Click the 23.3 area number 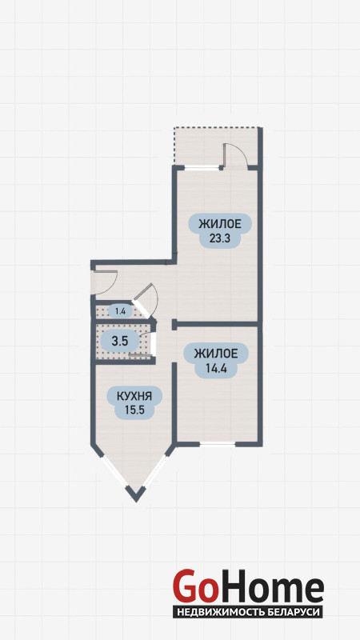click(x=220, y=238)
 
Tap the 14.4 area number click(x=216, y=369)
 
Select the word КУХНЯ click(x=134, y=396)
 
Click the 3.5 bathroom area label click(x=120, y=342)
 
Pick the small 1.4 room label click(x=120, y=312)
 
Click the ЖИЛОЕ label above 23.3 click(x=220, y=224)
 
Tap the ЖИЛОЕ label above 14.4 click(x=216, y=354)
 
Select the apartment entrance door click(x=106, y=282)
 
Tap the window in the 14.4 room click(x=217, y=444)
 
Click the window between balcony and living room click(x=202, y=167)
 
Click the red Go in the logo click(x=194, y=586)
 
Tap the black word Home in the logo click(x=270, y=586)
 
